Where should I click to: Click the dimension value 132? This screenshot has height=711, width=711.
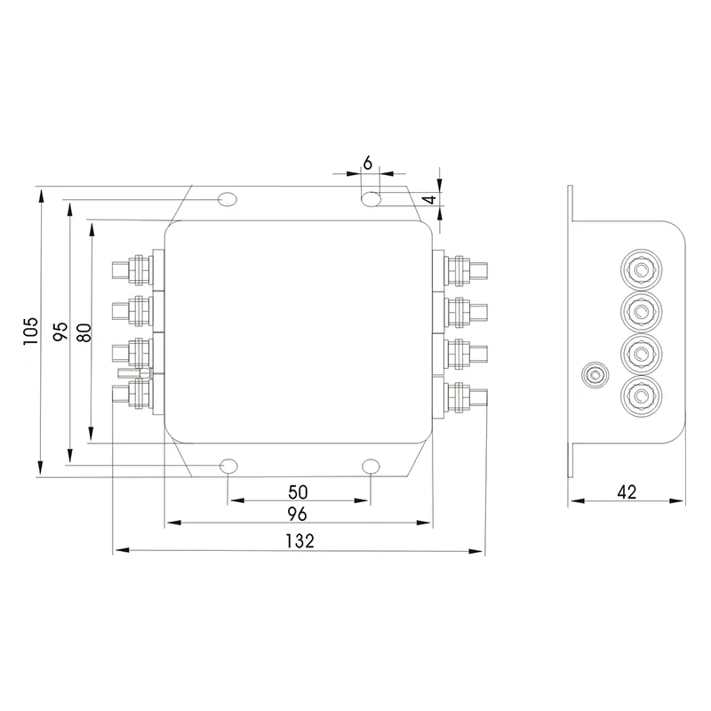click(298, 540)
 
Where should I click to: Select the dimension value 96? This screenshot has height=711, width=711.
click(298, 514)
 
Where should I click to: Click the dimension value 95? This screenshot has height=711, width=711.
click(60, 332)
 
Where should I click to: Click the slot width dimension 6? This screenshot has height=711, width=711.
click(368, 164)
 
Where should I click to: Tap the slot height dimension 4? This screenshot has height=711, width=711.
click(428, 200)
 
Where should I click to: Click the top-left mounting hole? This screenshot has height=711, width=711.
click(228, 198)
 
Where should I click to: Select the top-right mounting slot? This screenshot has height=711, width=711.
click(371, 197)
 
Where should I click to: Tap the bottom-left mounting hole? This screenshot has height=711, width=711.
click(228, 466)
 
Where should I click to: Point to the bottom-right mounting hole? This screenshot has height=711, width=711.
click(371, 466)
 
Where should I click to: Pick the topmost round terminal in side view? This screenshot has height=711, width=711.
click(638, 268)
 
